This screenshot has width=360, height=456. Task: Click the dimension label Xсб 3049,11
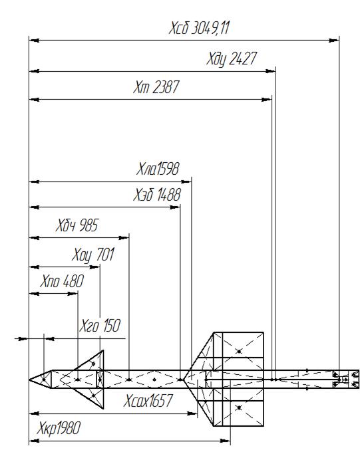click(199, 29)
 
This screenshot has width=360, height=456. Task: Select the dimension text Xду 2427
click(232, 59)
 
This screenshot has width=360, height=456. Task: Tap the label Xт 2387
click(156, 87)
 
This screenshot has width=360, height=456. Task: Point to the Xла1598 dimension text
click(158, 169)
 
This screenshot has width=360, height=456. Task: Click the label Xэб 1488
click(157, 195)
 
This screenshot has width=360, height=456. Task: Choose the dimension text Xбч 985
click(77, 225)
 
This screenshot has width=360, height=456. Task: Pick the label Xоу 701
click(93, 255)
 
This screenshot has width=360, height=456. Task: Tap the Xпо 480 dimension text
click(62, 281)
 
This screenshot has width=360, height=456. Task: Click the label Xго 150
click(100, 326)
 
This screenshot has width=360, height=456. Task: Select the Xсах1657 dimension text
click(148, 401)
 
